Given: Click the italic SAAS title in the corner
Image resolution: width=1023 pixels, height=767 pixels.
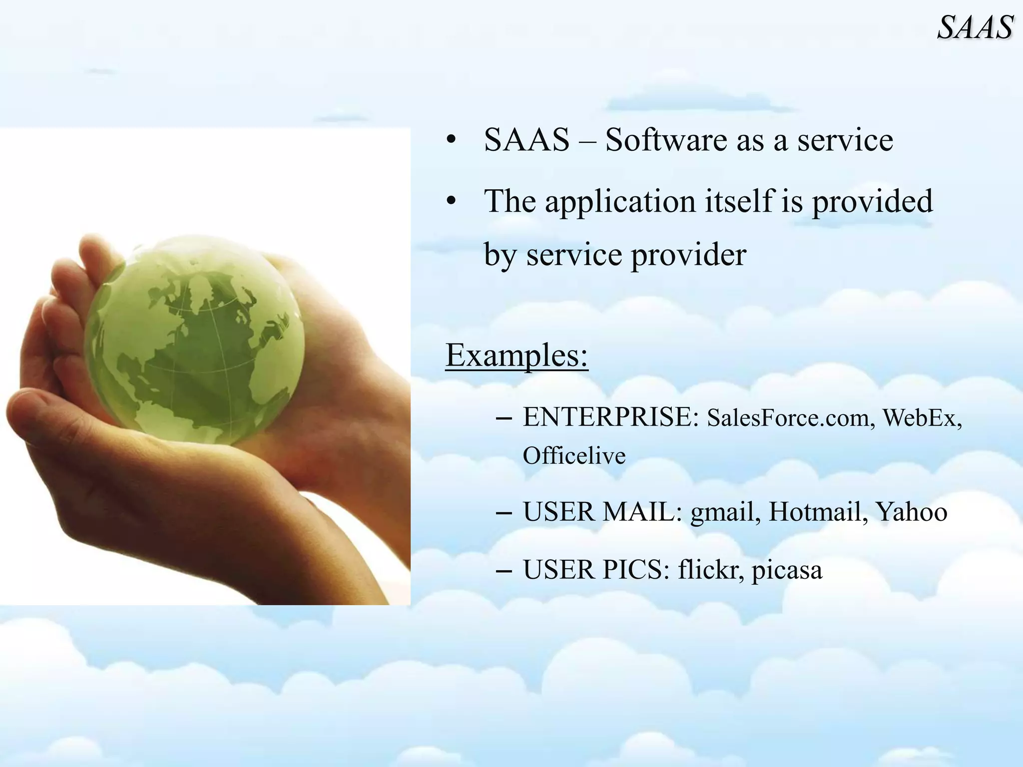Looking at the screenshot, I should tap(975, 27).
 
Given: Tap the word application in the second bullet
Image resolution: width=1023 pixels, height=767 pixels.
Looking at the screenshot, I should tap(619, 202).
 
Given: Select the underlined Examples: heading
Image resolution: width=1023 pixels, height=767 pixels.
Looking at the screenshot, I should tap(516, 355).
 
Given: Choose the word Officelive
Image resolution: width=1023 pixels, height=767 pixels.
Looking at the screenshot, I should tap(574, 455).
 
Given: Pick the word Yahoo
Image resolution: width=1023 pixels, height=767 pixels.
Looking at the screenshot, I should tap(911, 512).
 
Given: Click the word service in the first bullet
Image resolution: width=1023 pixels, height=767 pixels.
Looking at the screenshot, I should tap(845, 140).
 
